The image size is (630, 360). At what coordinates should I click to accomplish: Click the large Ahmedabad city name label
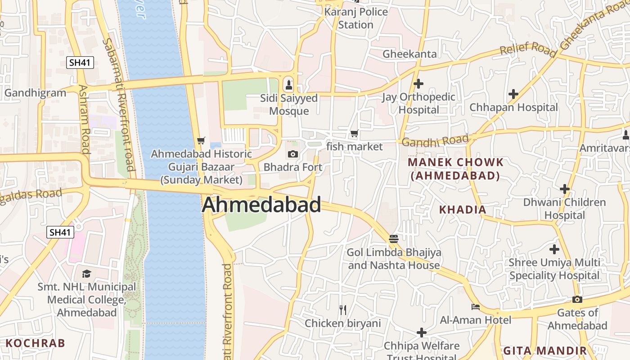pyautogui.click(x=261, y=205)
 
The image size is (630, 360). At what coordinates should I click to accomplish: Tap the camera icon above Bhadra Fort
pyautogui.click(x=292, y=154)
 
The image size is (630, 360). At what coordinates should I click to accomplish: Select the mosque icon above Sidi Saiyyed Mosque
pyautogui.click(x=289, y=84)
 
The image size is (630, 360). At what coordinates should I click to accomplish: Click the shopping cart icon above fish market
pyautogui.click(x=354, y=134)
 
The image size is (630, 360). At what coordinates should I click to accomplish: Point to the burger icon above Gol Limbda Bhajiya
pyautogui.click(x=394, y=238)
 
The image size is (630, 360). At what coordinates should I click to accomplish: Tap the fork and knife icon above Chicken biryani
pyautogui.click(x=343, y=310)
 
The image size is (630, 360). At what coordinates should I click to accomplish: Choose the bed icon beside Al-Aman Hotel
pyautogui.click(x=475, y=307)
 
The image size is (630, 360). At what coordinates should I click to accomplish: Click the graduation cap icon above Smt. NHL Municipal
pyautogui.click(x=86, y=274)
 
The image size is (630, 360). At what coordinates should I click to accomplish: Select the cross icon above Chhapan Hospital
pyautogui.click(x=513, y=94)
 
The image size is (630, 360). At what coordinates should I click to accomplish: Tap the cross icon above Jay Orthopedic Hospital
pyautogui.click(x=418, y=84)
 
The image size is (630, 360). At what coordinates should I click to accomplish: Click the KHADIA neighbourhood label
pyautogui.click(x=463, y=210)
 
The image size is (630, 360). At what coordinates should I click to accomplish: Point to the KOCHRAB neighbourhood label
pyautogui.click(x=36, y=343)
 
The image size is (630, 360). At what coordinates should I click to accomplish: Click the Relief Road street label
pyautogui.click(x=528, y=49)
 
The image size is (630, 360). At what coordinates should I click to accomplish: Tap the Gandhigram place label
pyautogui.click(x=35, y=93)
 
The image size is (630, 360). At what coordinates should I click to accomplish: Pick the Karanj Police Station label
pyautogui.click(x=356, y=18)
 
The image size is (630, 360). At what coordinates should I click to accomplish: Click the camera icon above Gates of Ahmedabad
pyautogui.click(x=577, y=300)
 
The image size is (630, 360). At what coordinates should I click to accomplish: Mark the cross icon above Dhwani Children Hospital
pyautogui.click(x=564, y=189)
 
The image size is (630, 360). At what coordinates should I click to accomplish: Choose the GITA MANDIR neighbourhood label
pyautogui.click(x=544, y=351)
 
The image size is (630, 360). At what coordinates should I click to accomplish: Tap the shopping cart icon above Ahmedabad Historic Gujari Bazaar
pyautogui.click(x=201, y=141)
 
